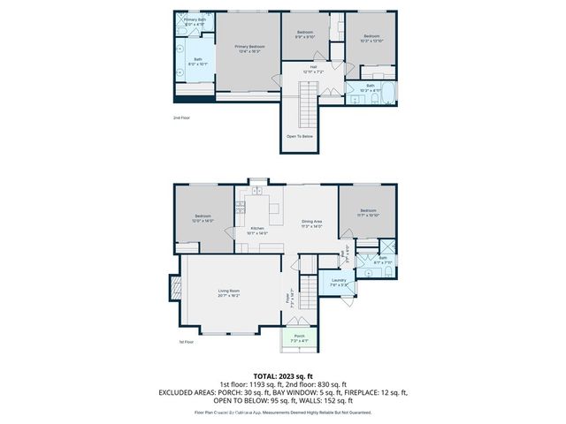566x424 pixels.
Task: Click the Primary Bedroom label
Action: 249,48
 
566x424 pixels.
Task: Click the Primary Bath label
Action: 195,21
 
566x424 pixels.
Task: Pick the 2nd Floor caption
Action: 181,117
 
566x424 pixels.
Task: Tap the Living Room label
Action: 229,292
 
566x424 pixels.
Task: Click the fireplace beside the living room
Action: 173,289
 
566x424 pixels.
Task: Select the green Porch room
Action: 299,337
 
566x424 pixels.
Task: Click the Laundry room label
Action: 339,284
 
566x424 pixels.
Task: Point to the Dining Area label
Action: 311,223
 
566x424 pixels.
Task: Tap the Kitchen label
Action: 258,230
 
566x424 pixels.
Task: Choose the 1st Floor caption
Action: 186,342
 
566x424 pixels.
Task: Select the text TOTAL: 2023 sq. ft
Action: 283,376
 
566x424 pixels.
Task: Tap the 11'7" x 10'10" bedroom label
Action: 369,213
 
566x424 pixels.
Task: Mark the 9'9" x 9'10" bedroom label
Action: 304,34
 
